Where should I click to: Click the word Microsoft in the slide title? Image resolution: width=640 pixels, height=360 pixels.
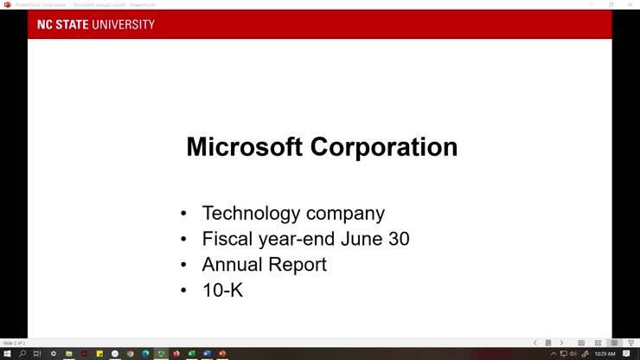245,147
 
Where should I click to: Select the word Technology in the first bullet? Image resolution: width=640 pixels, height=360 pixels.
251,213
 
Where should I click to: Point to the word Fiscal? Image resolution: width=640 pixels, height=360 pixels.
226,239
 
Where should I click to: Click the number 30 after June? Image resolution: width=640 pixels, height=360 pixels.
397,239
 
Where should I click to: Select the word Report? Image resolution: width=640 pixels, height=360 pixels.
298,264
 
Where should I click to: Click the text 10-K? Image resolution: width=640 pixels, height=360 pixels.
222,290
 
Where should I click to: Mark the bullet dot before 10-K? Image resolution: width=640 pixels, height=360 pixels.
183,291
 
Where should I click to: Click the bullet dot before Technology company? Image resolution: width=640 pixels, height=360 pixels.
183,214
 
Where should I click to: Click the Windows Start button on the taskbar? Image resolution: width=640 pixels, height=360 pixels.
7,354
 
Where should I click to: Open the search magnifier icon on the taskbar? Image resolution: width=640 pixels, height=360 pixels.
22,354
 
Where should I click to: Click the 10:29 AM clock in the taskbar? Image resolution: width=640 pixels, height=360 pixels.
605,354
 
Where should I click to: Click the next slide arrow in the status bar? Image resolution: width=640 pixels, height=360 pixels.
561,344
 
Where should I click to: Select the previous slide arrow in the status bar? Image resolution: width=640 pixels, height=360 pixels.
534,344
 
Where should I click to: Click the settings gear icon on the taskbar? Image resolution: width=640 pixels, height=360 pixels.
54,354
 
